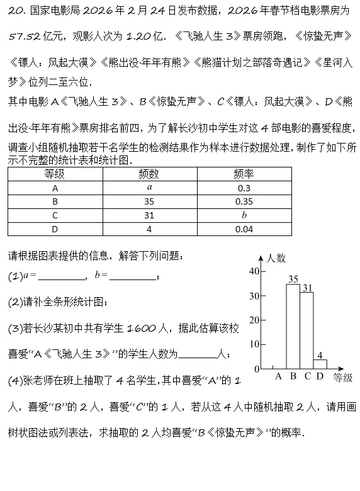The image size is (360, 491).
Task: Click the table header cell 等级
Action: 55,174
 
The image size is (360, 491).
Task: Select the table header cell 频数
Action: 149,174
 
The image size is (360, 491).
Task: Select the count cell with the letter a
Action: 149,188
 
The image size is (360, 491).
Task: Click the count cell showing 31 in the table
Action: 149,215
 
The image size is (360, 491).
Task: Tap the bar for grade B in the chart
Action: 293,326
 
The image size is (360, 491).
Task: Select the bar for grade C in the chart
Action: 307,330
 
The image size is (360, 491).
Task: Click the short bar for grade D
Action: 320,364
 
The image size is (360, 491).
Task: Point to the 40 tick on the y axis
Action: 254,271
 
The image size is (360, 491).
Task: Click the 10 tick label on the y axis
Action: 254,344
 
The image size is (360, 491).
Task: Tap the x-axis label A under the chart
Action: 279,377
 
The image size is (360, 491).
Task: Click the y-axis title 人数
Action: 276,258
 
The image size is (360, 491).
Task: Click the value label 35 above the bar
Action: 293,279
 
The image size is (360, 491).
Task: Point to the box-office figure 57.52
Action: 25,37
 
